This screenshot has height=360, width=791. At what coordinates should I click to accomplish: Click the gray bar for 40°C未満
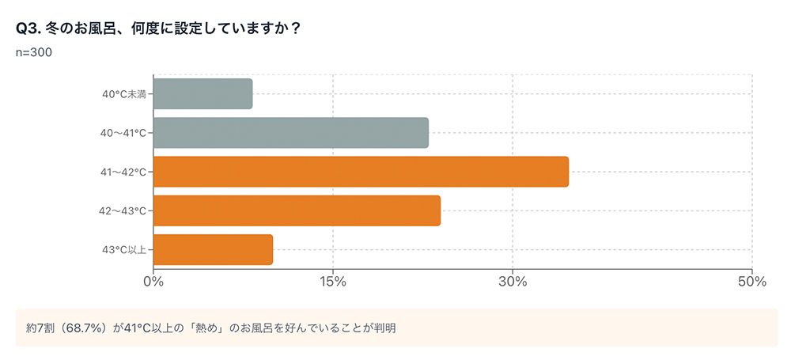202,94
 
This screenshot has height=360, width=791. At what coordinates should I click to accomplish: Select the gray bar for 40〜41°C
290,133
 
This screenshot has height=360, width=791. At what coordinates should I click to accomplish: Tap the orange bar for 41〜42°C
361,172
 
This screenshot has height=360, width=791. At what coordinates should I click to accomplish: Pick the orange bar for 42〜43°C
297,210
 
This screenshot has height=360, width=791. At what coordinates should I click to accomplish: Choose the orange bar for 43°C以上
213,249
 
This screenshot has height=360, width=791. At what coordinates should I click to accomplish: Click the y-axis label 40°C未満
124,94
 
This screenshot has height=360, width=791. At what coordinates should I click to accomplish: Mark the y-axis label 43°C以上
124,249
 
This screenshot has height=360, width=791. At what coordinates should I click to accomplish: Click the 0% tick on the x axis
153,282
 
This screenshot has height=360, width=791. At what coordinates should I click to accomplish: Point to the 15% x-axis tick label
333,282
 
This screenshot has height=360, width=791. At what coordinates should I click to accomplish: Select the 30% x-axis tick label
513,282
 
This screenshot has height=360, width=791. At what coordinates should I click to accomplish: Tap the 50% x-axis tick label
752,282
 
